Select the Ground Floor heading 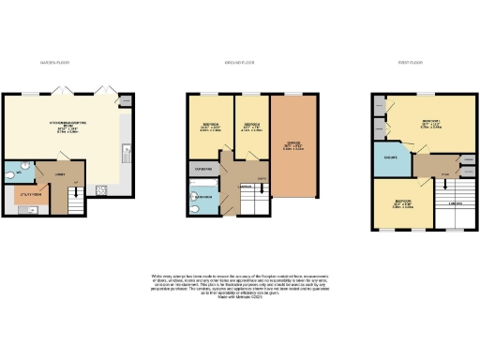(240, 62)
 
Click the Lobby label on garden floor (58, 175)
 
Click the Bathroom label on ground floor (202, 199)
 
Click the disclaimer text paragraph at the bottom (239, 287)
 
